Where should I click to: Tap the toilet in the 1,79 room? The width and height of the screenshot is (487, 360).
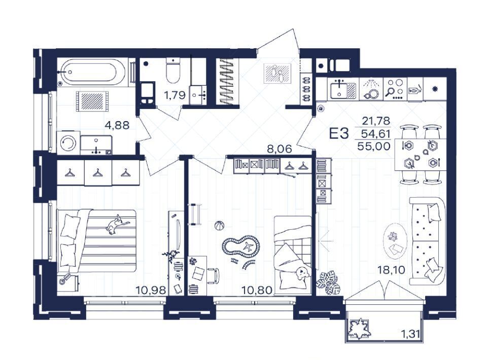click(x=173, y=70)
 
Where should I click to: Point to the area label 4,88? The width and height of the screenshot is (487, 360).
click(x=117, y=125)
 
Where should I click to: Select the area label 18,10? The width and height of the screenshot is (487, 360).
click(x=391, y=270)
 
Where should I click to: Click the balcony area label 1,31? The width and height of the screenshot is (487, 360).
click(x=410, y=334)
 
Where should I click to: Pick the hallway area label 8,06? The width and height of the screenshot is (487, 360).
click(x=280, y=149)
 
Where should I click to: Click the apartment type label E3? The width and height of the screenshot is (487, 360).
click(x=339, y=133)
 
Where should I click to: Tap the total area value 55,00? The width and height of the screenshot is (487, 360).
click(x=374, y=146)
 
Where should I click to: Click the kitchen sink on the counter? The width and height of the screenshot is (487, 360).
click(x=343, y=89)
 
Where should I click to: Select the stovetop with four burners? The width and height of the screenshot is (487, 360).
click(x=395, y=89)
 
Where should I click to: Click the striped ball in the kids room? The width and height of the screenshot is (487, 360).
click(x=219, y=225)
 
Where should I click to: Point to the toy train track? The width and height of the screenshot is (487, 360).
click(x=240, y=247)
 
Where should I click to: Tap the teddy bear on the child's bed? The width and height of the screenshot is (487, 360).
click(x=302, y=273)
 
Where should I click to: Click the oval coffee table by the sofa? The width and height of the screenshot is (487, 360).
click(x=395, y=241)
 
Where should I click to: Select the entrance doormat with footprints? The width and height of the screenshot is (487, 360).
click(x=277, y=73)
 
